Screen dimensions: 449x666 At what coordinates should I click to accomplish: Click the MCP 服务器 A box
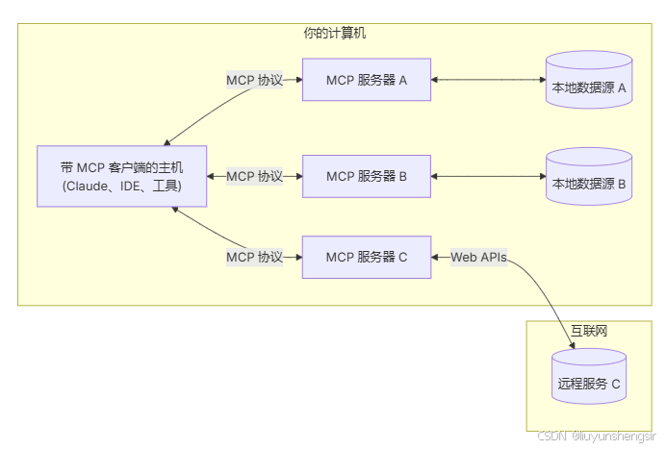click(366, 80)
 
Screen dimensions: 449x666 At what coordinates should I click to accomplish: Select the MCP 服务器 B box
click(366, 176)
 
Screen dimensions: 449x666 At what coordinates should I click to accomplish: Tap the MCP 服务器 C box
click(366, 257)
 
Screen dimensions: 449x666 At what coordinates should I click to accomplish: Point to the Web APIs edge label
click(478, 257)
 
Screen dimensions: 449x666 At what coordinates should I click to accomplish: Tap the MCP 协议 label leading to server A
click(254, 80)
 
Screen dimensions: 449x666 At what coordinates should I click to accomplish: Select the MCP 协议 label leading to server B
click(254, 176)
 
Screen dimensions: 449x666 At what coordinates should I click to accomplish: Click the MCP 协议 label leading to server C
click(254, 257)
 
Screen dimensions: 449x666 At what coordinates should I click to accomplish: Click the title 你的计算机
click(334, 34)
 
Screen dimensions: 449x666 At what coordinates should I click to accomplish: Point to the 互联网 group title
click(589, 331)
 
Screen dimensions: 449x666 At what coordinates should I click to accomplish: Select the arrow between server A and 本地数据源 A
click(487, 80)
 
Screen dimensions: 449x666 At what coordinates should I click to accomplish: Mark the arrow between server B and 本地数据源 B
click(487, 176)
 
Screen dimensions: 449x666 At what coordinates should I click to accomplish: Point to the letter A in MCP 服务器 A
click(403, 80)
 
